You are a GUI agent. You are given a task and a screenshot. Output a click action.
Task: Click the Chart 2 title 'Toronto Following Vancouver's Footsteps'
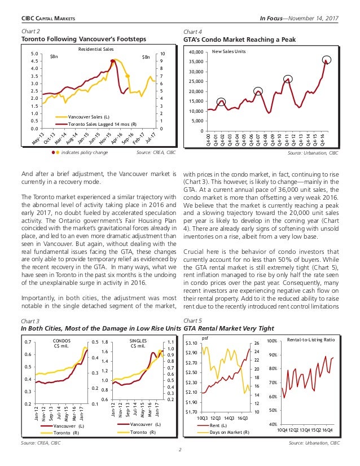tap(83, 39)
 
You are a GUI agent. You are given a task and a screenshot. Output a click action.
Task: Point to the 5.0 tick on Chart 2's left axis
tap(34, 54)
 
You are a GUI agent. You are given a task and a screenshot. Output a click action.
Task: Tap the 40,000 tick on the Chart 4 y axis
tap(195, 52)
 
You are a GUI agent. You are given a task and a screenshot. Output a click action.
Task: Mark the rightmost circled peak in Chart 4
tap(327, 60)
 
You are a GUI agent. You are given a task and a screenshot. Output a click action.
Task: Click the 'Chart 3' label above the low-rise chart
tap(28, 321)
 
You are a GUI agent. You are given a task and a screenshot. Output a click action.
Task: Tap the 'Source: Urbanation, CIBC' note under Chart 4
tap(313, 153)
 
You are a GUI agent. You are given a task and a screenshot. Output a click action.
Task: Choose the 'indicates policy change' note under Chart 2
tap(85, 152)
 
